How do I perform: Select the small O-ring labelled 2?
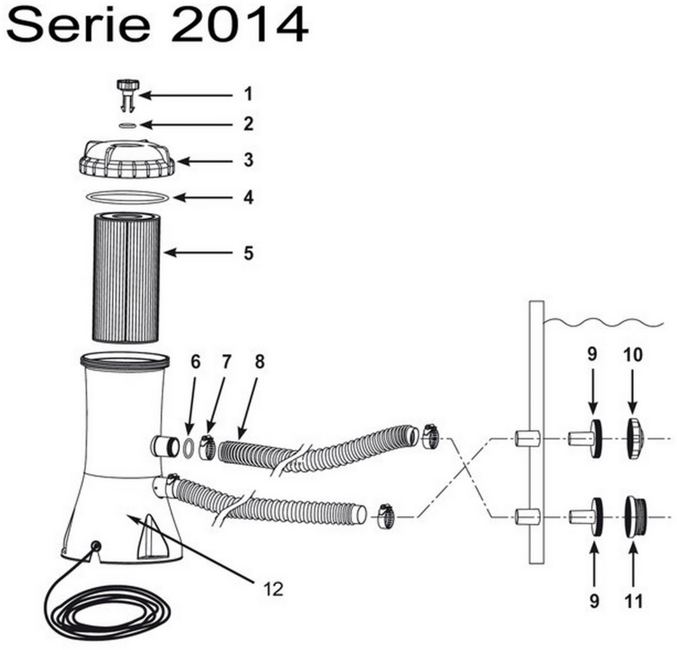[x=127, y=125]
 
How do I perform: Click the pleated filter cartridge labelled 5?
[x=127, y=277]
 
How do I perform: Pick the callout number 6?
[x=195, y=362]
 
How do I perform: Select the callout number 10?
[x=633, y=355]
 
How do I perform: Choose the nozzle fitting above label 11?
[x=636, y=517]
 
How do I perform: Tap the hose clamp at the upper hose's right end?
[x=430, y=437]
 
